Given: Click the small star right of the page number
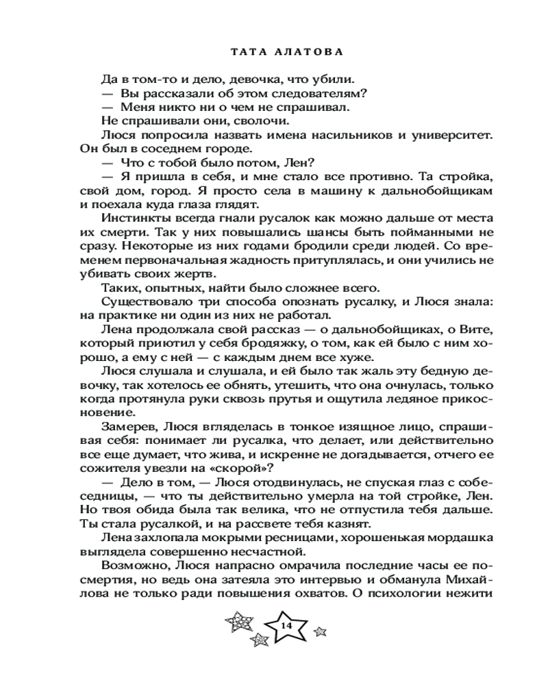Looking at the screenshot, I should [319, 629].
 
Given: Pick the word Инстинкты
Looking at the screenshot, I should [134, 218].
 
